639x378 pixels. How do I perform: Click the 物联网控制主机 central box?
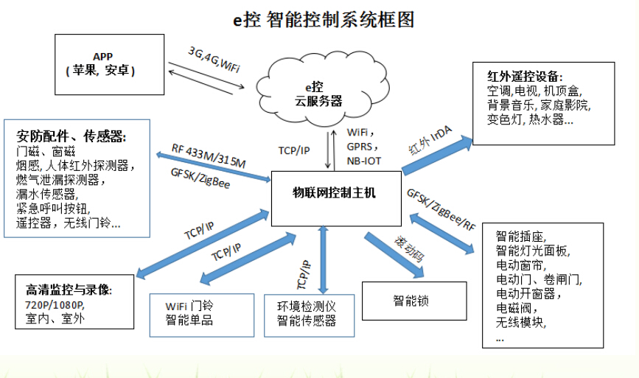[x=335, y=194]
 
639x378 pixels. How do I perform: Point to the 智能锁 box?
[x=410, y=301]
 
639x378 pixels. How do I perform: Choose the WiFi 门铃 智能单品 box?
[x=195, y=314]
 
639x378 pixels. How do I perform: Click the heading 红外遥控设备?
[x=524, y=76]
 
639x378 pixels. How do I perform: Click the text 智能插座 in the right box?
[x=520, y=237]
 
